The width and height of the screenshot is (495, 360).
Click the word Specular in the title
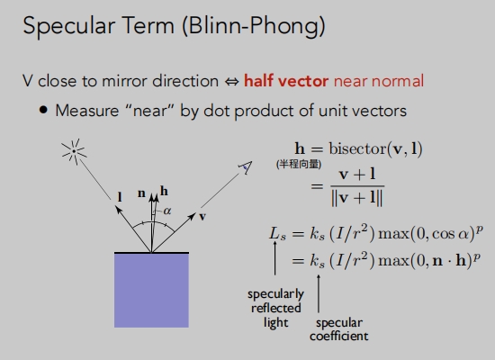(x=68, y=26)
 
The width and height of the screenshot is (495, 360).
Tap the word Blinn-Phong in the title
(x=254, y=26)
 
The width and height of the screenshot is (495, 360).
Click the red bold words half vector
(x=286, y=81)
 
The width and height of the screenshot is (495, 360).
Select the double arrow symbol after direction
(x=231, y=82)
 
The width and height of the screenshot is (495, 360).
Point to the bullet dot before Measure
(x=43, y=110)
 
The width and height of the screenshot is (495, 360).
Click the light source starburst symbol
(x=74, y=151)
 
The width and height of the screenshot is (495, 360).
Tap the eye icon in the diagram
(x=246, y=167)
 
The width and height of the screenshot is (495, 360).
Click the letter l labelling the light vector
(x=120, y=197)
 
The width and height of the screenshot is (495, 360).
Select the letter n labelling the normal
(x=141, y=193)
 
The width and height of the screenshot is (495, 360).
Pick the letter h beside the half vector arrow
(x=164, y=191)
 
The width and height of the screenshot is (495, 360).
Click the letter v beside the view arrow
(x=202, y=217)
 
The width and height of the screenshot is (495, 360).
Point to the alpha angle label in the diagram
(x=167, y=211)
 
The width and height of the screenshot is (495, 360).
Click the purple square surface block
(x=151, y=290)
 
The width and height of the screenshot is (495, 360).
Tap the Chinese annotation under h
(x=299, y=164)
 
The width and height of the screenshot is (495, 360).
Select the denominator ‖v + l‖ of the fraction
(x=356, y=198)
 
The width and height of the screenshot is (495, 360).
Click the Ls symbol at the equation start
(x=278, y=234)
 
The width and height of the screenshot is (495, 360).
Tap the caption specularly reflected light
(x=276, y=308)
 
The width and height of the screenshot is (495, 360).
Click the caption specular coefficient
(x=339, y=329)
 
